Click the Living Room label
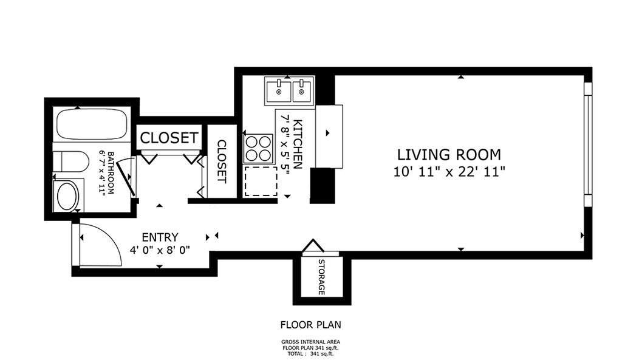coord(449,154)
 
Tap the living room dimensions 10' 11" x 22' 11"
coord(449,172)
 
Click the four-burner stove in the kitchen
coord(259,149)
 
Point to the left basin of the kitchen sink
coord(279,90)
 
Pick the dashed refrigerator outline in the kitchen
coord(261,181)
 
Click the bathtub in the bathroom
coord(92,124)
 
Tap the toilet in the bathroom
coord(70,161)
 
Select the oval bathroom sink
coord(68,196)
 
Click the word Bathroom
coord(111,173)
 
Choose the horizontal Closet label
coord(169,138)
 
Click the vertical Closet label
coord(222,161)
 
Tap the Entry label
coord(160,237)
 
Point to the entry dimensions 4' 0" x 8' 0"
coord(160,250)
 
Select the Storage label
coord(322,277)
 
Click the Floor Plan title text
coord(310,325)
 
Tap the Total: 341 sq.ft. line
coord(310,354)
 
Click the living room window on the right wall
coord(588,144)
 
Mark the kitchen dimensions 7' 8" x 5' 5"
coord(285,144)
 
